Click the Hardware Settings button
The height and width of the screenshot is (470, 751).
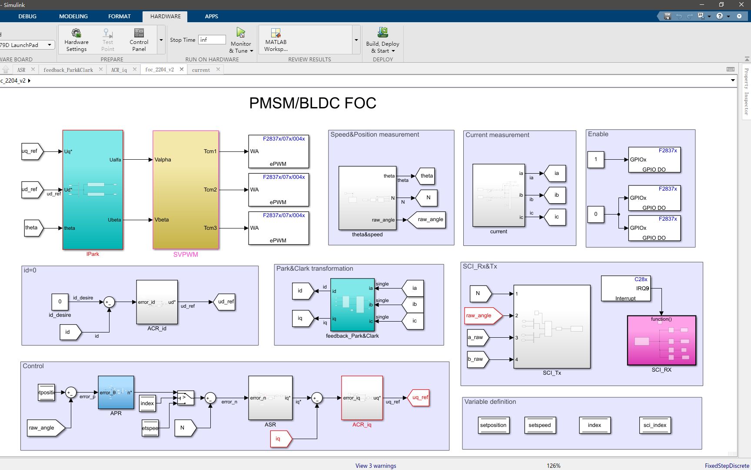click(76, 40)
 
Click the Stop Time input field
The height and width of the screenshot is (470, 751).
click(212, 40)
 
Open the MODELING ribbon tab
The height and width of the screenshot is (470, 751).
click(73, 16)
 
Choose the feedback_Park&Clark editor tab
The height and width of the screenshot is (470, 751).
click(68, 70)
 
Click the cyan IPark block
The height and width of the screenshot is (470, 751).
click(93, 190)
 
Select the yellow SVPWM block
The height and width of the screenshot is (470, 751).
click(186, 190)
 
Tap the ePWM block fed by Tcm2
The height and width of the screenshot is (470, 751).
click(279, 190)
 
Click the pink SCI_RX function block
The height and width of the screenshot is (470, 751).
click(661, 340)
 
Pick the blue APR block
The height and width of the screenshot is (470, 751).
click(116, 393)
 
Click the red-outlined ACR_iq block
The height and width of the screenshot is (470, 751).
click(362, 398)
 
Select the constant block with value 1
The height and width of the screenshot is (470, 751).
click(595, 159)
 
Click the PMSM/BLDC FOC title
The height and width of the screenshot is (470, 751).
click(312, 103)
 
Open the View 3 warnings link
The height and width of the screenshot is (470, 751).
click(375, 466)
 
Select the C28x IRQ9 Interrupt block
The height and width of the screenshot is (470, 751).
click(625, 289)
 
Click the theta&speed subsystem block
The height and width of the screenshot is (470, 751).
click(367, 198)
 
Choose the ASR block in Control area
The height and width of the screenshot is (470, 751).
click(270, 398)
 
